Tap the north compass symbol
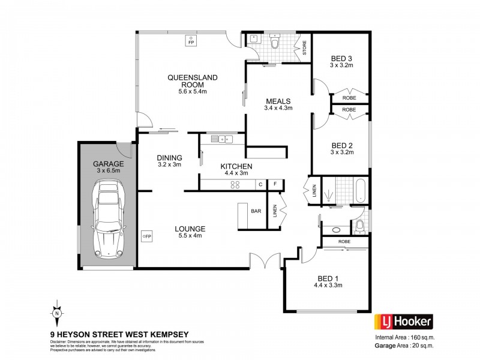56,312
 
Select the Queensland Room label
193,78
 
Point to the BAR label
256,211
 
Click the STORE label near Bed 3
304,47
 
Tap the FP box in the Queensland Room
191,43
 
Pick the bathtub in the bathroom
358,191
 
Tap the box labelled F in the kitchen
275,184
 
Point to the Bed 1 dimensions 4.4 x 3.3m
328,285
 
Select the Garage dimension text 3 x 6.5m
108,171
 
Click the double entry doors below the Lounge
265,261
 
